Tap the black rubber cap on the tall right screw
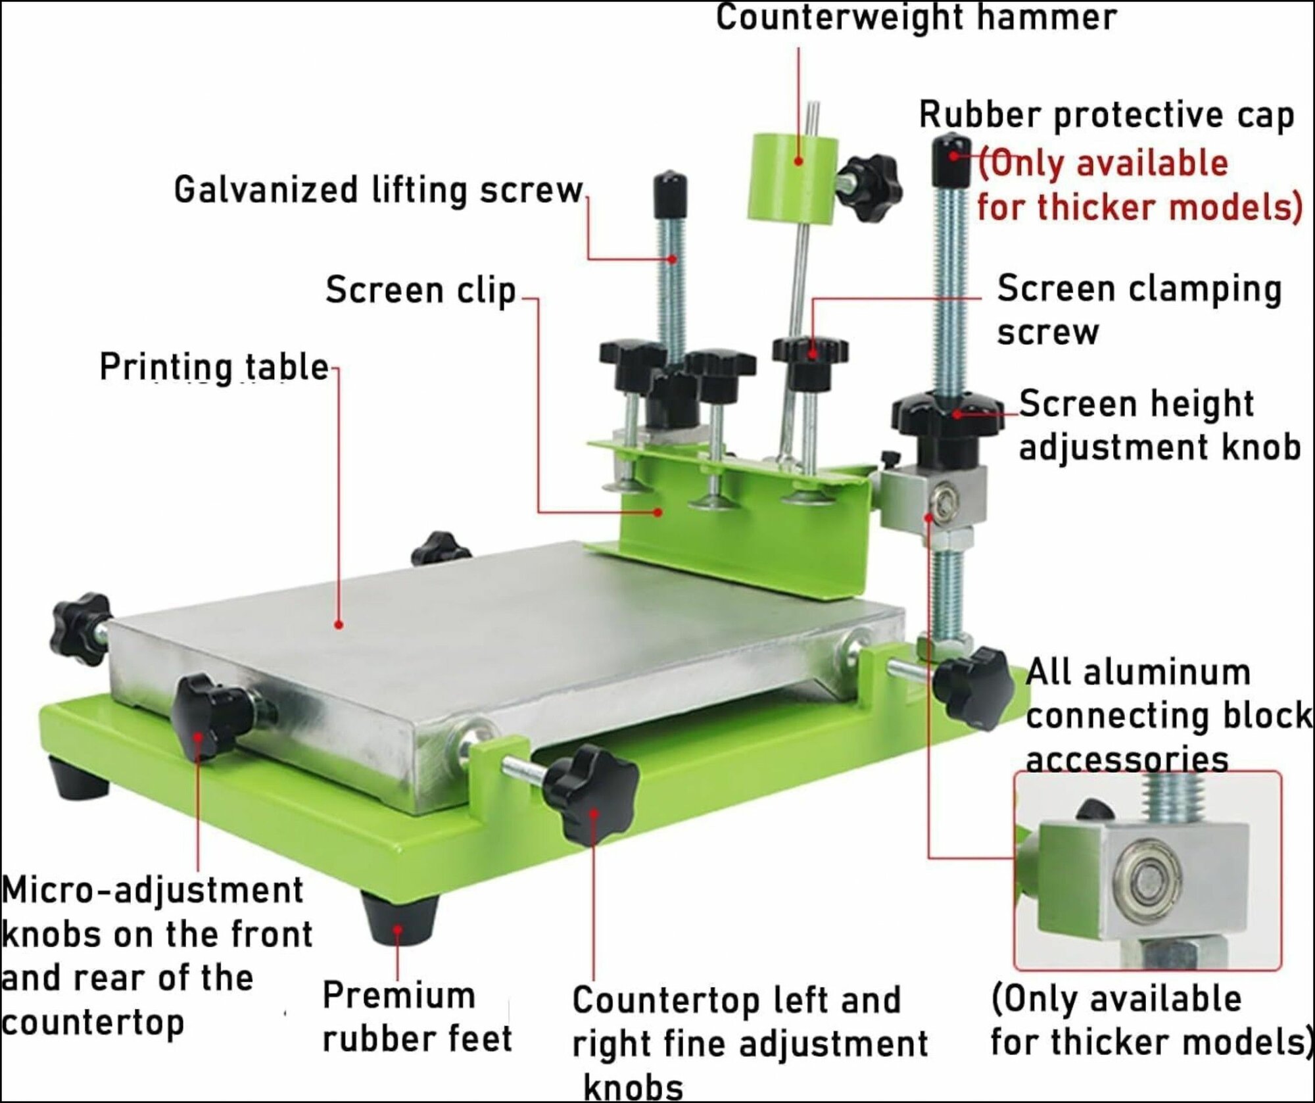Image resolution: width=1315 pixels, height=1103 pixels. pos(951,160)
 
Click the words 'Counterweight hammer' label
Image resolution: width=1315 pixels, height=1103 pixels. pos(916,18)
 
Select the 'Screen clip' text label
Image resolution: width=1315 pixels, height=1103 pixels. pos(421,290)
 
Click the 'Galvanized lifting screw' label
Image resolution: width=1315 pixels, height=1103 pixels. pos(379,190)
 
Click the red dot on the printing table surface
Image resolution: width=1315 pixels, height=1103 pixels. pos(339,624)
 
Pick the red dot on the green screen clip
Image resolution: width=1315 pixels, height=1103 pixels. pos(657,512)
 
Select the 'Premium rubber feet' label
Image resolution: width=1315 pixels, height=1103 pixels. pos(417,1017)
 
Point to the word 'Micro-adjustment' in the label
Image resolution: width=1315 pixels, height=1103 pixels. pos(153,891)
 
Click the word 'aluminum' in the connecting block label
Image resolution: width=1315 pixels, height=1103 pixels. pos(1166,673)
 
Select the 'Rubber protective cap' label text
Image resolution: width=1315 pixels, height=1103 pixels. pos(1106,115)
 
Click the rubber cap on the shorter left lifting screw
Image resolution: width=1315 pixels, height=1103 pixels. pos(671,189)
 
